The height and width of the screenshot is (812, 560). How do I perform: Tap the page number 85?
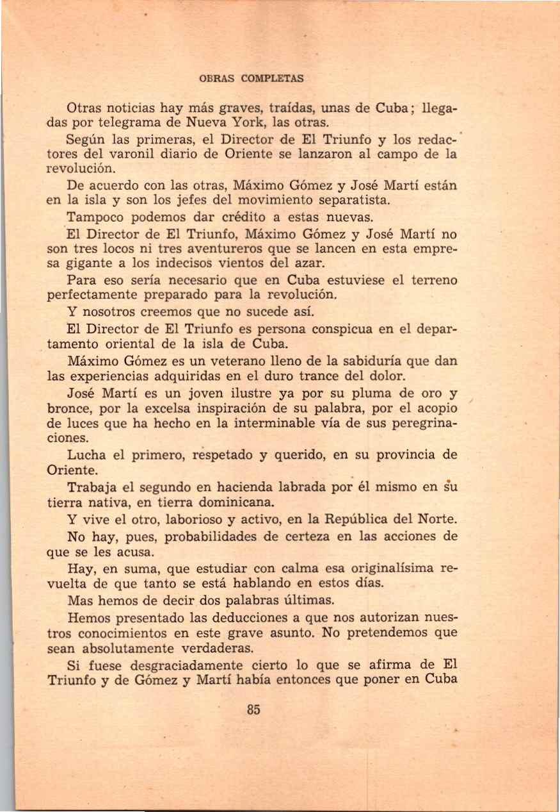[253, 709]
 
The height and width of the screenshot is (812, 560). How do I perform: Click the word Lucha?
[90, 455]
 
